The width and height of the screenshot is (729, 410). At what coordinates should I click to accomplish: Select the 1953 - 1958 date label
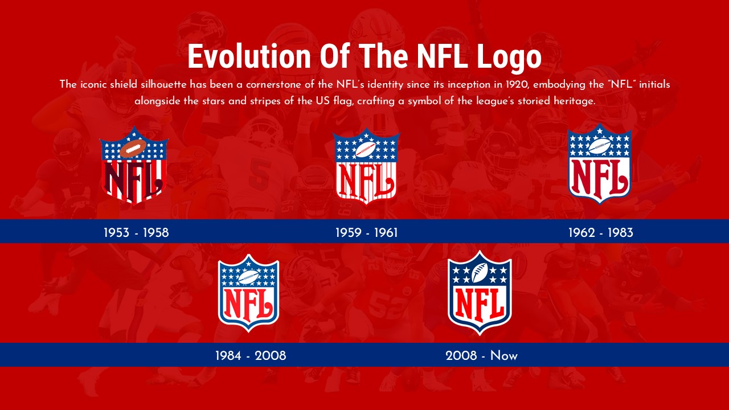136,232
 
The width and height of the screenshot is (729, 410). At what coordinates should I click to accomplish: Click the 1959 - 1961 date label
366,232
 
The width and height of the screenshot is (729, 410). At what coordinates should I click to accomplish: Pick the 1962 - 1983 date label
600,232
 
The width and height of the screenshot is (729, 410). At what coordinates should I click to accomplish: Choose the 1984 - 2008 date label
251,356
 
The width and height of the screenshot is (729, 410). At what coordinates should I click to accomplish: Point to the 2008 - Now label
481,356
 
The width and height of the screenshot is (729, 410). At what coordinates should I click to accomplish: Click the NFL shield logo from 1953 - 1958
134,165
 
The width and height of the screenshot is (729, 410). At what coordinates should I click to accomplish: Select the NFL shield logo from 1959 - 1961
366,166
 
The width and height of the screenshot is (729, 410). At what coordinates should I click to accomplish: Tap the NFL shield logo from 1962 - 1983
599,164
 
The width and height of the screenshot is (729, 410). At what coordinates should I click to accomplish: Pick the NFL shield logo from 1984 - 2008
248,293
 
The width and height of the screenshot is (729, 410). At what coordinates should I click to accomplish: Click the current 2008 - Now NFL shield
480,293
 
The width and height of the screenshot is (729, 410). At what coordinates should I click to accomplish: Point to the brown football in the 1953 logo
133,149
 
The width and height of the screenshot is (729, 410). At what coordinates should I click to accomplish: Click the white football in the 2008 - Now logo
480,272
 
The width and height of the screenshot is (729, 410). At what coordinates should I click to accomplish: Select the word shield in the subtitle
122,84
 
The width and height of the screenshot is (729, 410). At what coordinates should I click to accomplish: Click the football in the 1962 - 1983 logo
599,146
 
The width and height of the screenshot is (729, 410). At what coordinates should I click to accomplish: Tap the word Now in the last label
503,356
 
